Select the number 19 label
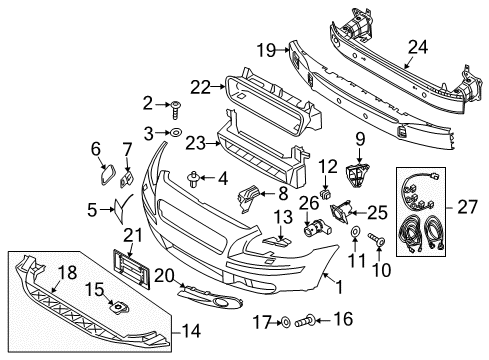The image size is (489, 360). tap(265, 48)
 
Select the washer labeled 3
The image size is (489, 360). tap(175, 132)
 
